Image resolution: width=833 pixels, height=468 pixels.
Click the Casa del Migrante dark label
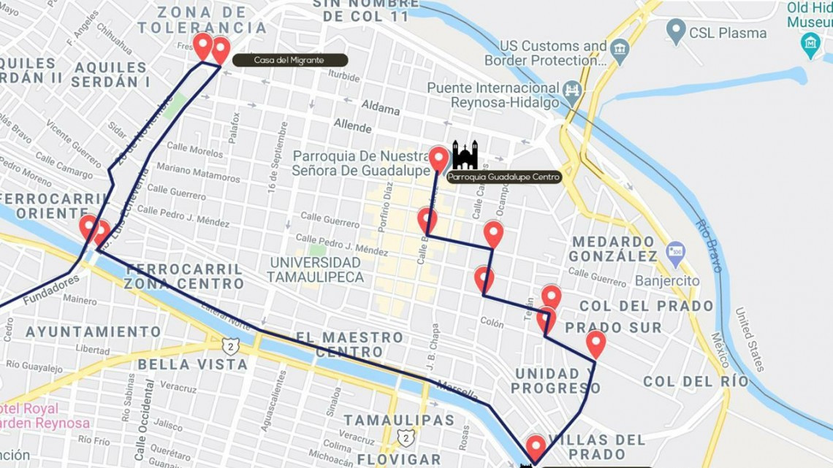pyautogui.click(x=289, y=61)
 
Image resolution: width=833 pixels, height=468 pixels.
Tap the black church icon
pyautogui.click(x=465, y=155)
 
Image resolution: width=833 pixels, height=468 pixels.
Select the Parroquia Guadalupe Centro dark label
pyautogui.click(x=503, y=177)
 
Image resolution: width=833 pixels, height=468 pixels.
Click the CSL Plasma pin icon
pyautogui.click(x=676, y=31)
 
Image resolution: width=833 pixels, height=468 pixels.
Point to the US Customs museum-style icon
pyautogui.click(x=620, y=51)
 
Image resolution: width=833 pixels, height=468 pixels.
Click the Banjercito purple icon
pyautogui.click(x=675, y=253)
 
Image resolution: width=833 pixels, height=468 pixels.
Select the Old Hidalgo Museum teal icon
pyautogui.click(x=810, y=45)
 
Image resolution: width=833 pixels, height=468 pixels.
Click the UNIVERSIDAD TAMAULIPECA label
pyautogui.click(x=315, y=269)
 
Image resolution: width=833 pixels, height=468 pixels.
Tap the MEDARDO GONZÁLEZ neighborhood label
pyautogui.click(x=613, y=249)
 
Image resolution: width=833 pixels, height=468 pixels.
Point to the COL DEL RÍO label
pyautogui.click(x=696, y=381)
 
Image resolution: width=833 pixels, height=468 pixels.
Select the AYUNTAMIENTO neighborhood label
pyautogui.click(x=93, y=331)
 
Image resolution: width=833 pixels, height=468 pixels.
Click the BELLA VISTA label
pyautogui.click(x=193, y=364)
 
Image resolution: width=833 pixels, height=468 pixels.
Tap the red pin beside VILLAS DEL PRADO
pyautogui.click(x=536, y=447)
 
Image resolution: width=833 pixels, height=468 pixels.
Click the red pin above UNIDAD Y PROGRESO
pyautogui.click(x=596, y=343)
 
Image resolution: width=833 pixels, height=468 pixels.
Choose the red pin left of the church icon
pyautogui.click(x=438, y=158)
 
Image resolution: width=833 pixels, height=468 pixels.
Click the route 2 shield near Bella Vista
pyautogui.click(x=231, y=345)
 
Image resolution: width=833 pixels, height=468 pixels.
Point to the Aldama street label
pyautogui.click(x=381, y=108)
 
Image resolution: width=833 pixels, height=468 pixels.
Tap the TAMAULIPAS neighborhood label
pyautogui.click(x=398, y=420)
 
